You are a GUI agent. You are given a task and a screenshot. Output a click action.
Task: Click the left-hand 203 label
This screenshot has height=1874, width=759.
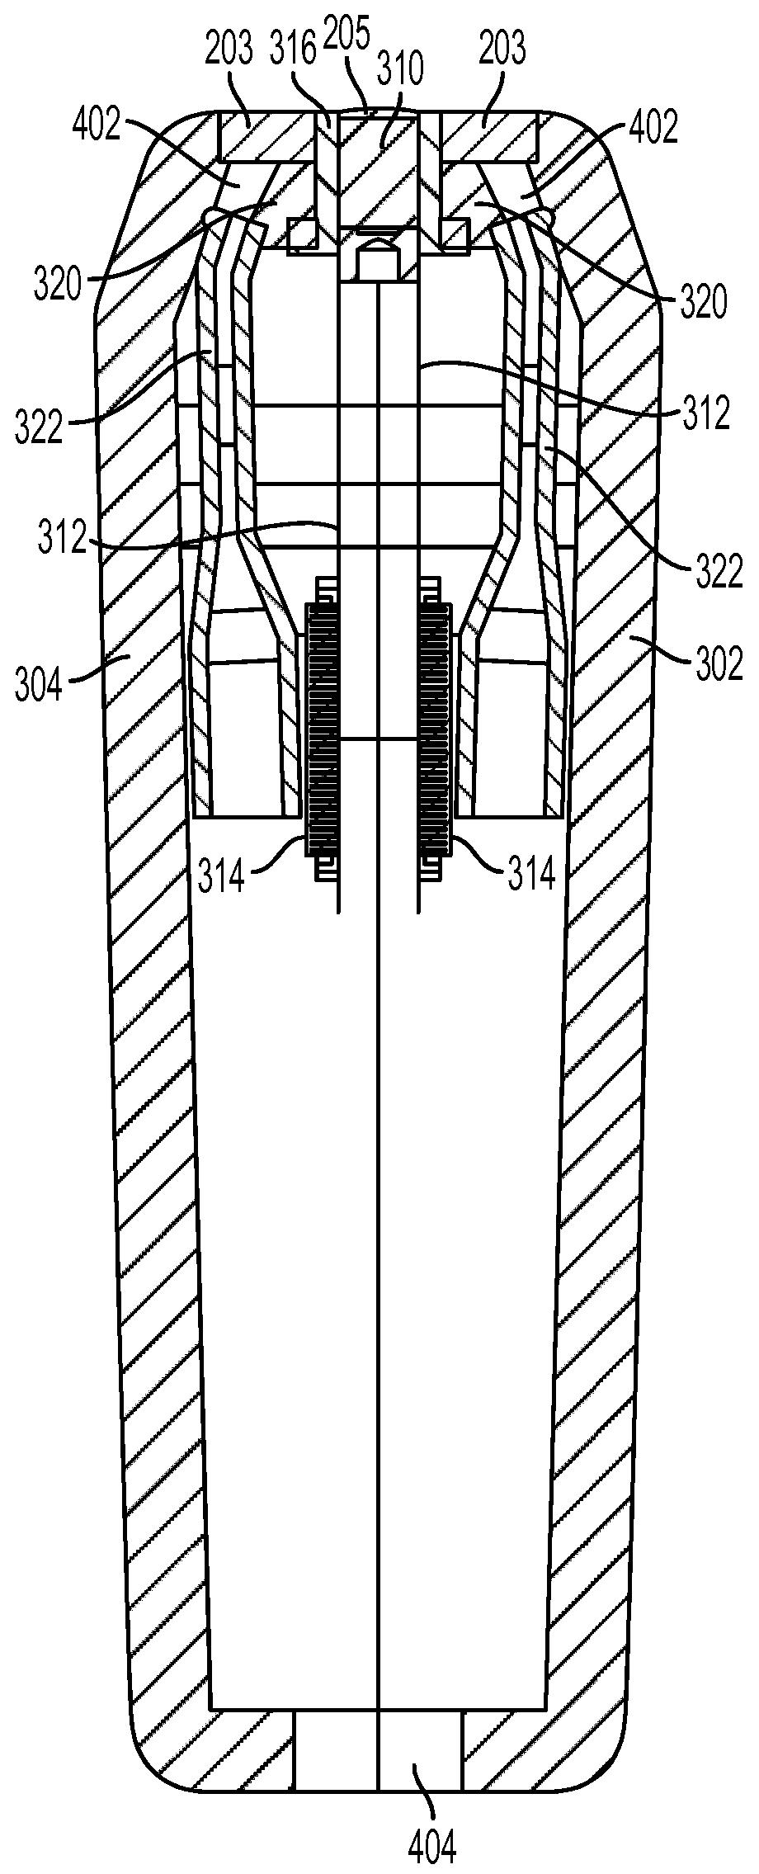(x=229, y=50)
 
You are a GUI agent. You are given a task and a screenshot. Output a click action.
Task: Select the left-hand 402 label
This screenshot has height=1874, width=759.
(x=97, y=127)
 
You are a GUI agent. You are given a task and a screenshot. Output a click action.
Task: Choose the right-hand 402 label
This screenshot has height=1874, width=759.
(x=653, y=127)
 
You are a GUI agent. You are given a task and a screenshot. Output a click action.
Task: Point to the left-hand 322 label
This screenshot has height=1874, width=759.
(x=39, y=427)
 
